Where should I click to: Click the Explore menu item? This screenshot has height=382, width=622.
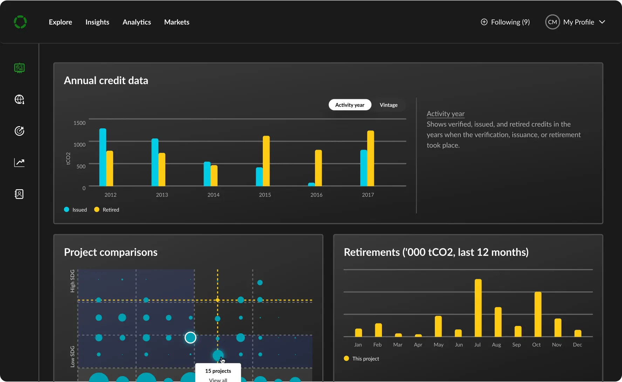coord(60,22)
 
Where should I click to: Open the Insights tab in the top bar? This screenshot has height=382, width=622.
coord(97,22)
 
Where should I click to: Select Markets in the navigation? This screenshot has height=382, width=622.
coord(177,22)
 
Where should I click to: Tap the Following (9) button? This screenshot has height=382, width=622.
coord(505,22)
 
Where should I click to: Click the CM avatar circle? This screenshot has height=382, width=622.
coord(552,22)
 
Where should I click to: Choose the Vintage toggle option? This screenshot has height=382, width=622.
coord(389,105)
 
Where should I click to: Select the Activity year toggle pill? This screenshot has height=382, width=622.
coord(350,105)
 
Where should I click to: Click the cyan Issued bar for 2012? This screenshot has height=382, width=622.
coord(103,157)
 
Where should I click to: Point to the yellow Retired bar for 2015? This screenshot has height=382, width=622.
coord(266,161)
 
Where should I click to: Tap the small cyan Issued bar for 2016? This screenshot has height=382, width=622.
coord(312,184)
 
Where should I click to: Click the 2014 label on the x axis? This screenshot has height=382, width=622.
coord(213,195)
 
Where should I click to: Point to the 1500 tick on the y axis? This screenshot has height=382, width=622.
coord(80,123)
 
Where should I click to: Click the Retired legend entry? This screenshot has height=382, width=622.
coord(107,210)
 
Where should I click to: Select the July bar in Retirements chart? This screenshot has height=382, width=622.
coord(478,308)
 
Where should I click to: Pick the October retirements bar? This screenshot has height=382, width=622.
coord(538,314)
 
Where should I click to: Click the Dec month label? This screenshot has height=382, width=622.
coord(577,345)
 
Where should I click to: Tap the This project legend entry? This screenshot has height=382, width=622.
coord(362,359)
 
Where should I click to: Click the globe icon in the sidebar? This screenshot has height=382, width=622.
coord(19,100)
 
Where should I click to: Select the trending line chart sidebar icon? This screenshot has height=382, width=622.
coord(19,163)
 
